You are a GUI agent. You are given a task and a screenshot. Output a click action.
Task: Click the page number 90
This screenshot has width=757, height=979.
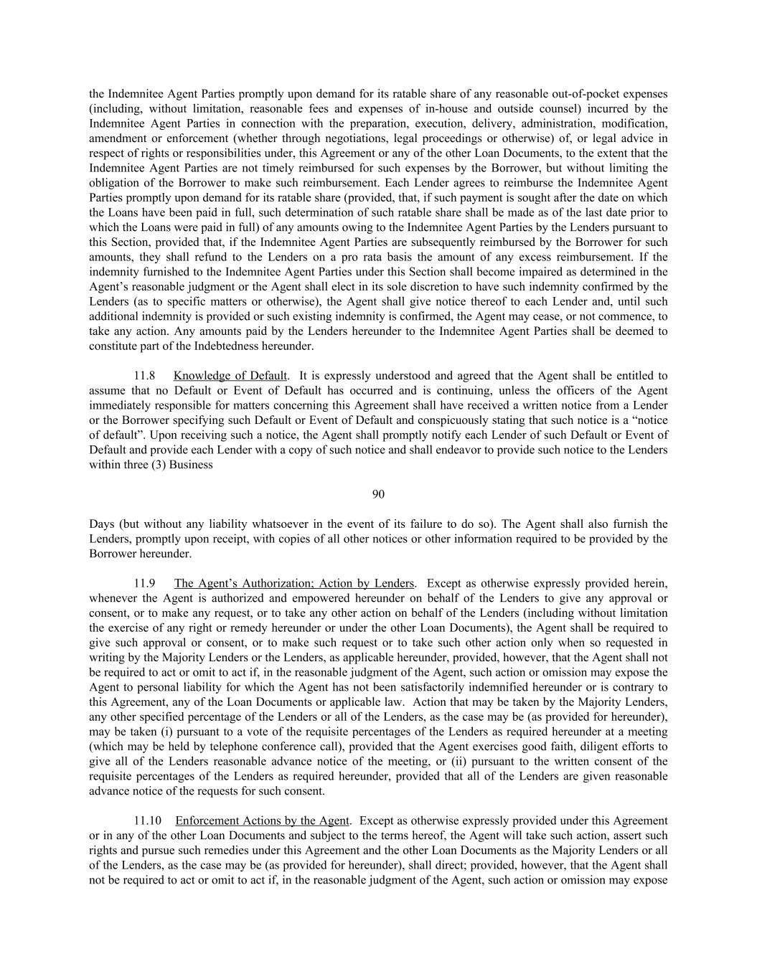378,494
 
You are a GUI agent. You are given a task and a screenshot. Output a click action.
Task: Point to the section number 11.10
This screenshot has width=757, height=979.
148,820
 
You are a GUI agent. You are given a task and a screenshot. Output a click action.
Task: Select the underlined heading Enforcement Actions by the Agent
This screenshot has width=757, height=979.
262,820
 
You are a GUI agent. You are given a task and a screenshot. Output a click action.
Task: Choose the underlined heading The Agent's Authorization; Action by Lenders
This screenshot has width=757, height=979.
294,583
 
